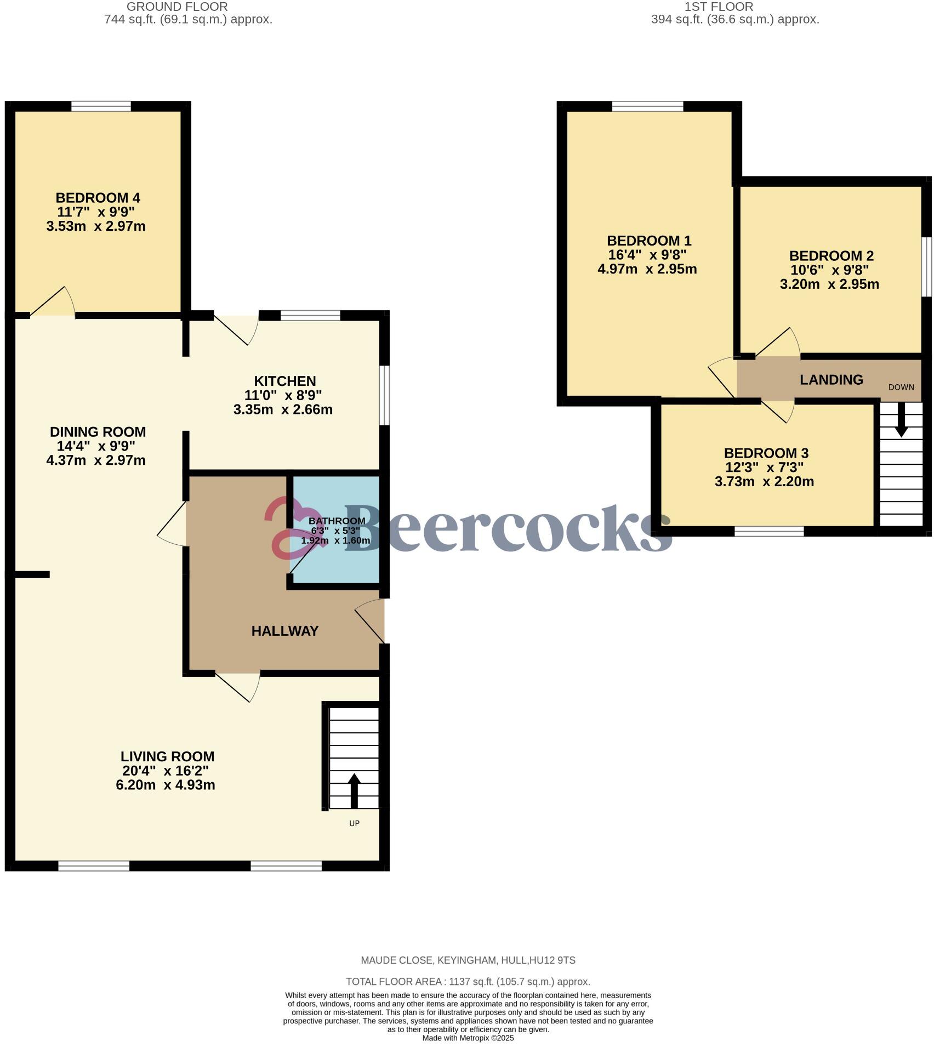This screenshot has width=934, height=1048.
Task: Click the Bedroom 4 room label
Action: (98, 197)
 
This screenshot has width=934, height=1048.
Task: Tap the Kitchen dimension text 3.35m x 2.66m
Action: (283, 409)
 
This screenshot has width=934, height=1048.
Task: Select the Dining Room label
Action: (98, 432)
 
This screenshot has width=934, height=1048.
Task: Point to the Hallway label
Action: (284, 631)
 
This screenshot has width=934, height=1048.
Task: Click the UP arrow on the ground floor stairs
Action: (354, 790)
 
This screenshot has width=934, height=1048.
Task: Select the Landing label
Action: (831, 380)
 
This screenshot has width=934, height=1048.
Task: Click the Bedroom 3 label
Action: (766, 453)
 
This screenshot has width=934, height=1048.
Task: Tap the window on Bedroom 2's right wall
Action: (926, 266)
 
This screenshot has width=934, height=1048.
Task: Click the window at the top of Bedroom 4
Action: (101, 106)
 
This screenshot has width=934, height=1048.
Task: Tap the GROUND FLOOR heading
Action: (176, 7)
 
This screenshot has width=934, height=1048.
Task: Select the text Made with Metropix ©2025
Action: (468, 1038)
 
